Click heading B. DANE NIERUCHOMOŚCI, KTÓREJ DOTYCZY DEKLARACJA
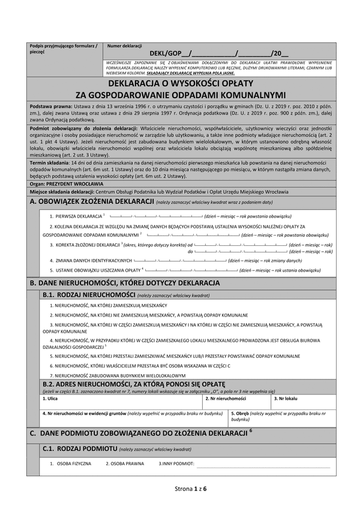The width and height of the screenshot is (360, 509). (x=133, y=282)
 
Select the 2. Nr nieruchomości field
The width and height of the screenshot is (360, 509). (x=236, y=402)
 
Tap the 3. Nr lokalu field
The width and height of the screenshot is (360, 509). (x=303, y=402)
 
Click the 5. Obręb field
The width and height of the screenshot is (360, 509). (x=282, y=418)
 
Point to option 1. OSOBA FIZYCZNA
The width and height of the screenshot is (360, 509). (x=71, y=463)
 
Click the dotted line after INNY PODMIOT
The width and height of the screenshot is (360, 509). (x=263, y=465)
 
